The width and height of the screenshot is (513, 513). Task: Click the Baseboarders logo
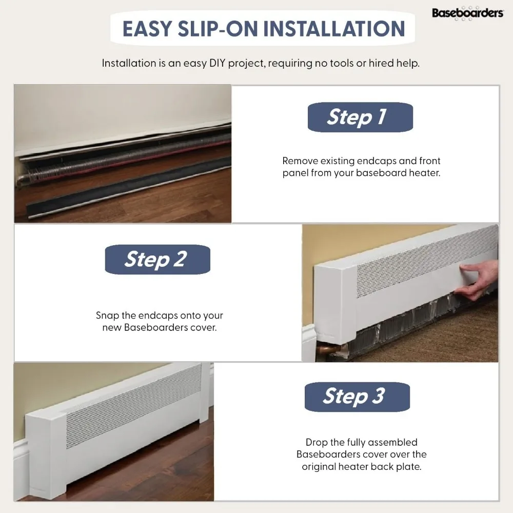[467, 13]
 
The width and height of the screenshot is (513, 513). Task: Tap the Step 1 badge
[360, 117]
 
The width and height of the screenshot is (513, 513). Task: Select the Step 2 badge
[157, 259]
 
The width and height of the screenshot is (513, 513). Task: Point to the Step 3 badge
[357, 397]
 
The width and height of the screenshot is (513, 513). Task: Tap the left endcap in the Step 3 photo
[46, 451]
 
